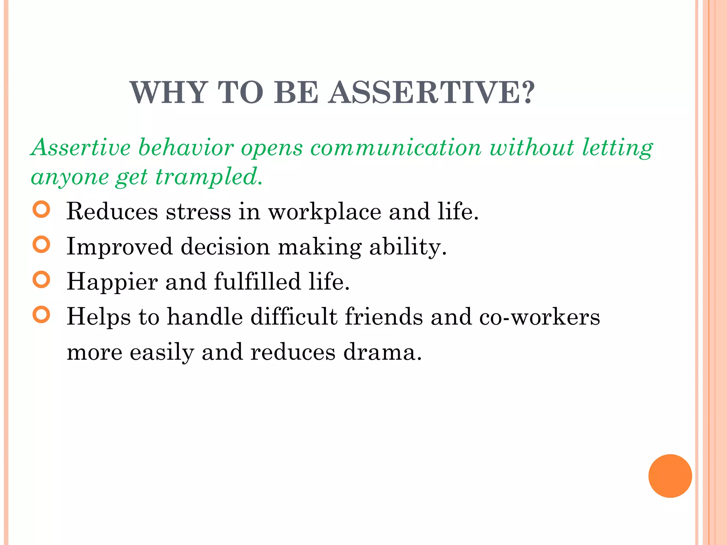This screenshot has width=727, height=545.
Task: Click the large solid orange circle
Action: point(670,476)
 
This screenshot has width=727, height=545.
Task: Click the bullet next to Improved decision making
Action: point(41,244)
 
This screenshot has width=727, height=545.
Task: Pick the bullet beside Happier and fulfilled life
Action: point(41,280)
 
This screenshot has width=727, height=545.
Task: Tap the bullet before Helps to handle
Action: point(41,314)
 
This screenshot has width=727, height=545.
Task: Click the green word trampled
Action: point(209,177)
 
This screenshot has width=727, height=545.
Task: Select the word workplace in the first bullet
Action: point(324,211)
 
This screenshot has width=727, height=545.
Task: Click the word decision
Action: point(225,247)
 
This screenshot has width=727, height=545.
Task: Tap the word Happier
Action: point(112,282)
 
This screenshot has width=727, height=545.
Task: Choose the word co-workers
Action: point(540,316)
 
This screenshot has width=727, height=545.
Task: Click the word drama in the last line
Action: point(382,352)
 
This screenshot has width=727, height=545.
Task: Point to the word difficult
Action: point(294,316)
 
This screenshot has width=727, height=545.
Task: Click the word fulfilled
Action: point(257,282)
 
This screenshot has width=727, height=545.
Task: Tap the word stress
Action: point(198,211)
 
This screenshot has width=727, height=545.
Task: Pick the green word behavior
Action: point(186,148)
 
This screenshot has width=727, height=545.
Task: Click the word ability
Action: point(408,247)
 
